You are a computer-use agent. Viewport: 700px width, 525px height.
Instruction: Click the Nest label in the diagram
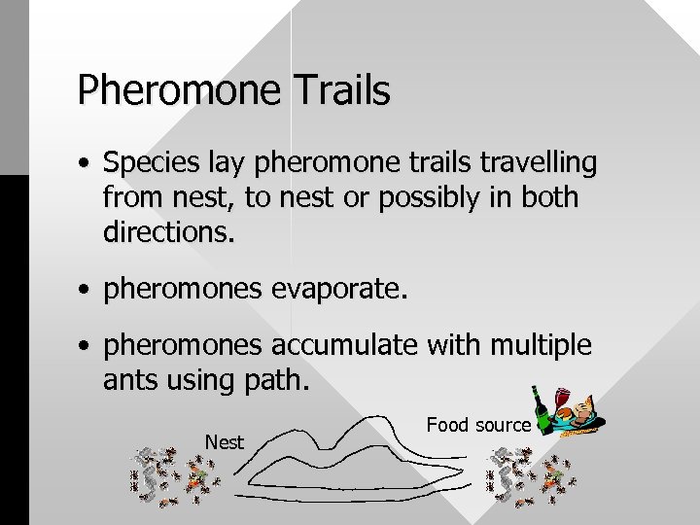pos(225,441)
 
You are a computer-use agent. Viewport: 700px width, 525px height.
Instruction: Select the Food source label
pos(478,425)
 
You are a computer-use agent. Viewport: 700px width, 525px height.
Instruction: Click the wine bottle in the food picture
pos(540,407)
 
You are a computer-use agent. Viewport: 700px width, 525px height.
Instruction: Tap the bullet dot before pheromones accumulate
pos(87,346)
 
